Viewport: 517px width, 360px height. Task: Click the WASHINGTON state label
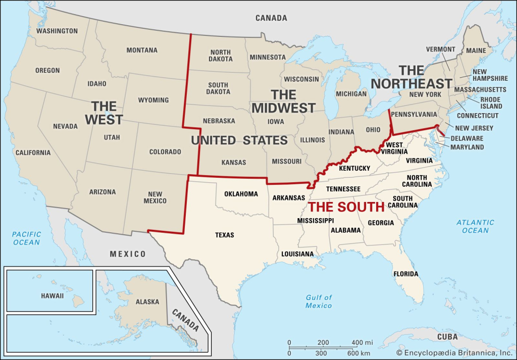point(57,31)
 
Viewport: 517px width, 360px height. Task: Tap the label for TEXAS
point(225,235)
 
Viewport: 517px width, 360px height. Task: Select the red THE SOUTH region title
point(346,207)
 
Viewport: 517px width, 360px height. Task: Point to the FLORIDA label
point(406,274)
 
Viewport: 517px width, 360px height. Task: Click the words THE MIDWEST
point(283,101)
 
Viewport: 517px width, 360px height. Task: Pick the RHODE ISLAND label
point(491,103)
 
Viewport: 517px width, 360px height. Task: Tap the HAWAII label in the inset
point(53,295)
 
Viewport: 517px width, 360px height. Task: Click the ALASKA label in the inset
point(147,302)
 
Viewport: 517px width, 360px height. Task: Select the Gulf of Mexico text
point(319,301)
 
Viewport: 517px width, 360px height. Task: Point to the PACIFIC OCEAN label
point(26,238)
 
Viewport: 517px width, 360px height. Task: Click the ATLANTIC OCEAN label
point(475,226)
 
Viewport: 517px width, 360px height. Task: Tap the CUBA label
point(447,337)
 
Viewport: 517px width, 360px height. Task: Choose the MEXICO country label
point(128,254)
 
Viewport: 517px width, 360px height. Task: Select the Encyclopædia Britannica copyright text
point(454,352)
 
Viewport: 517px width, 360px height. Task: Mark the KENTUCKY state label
point(354,168)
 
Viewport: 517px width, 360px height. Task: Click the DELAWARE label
point(467,138)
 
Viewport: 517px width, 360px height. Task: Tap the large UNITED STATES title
point(239,140)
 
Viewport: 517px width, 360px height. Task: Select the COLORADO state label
point(165,151)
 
